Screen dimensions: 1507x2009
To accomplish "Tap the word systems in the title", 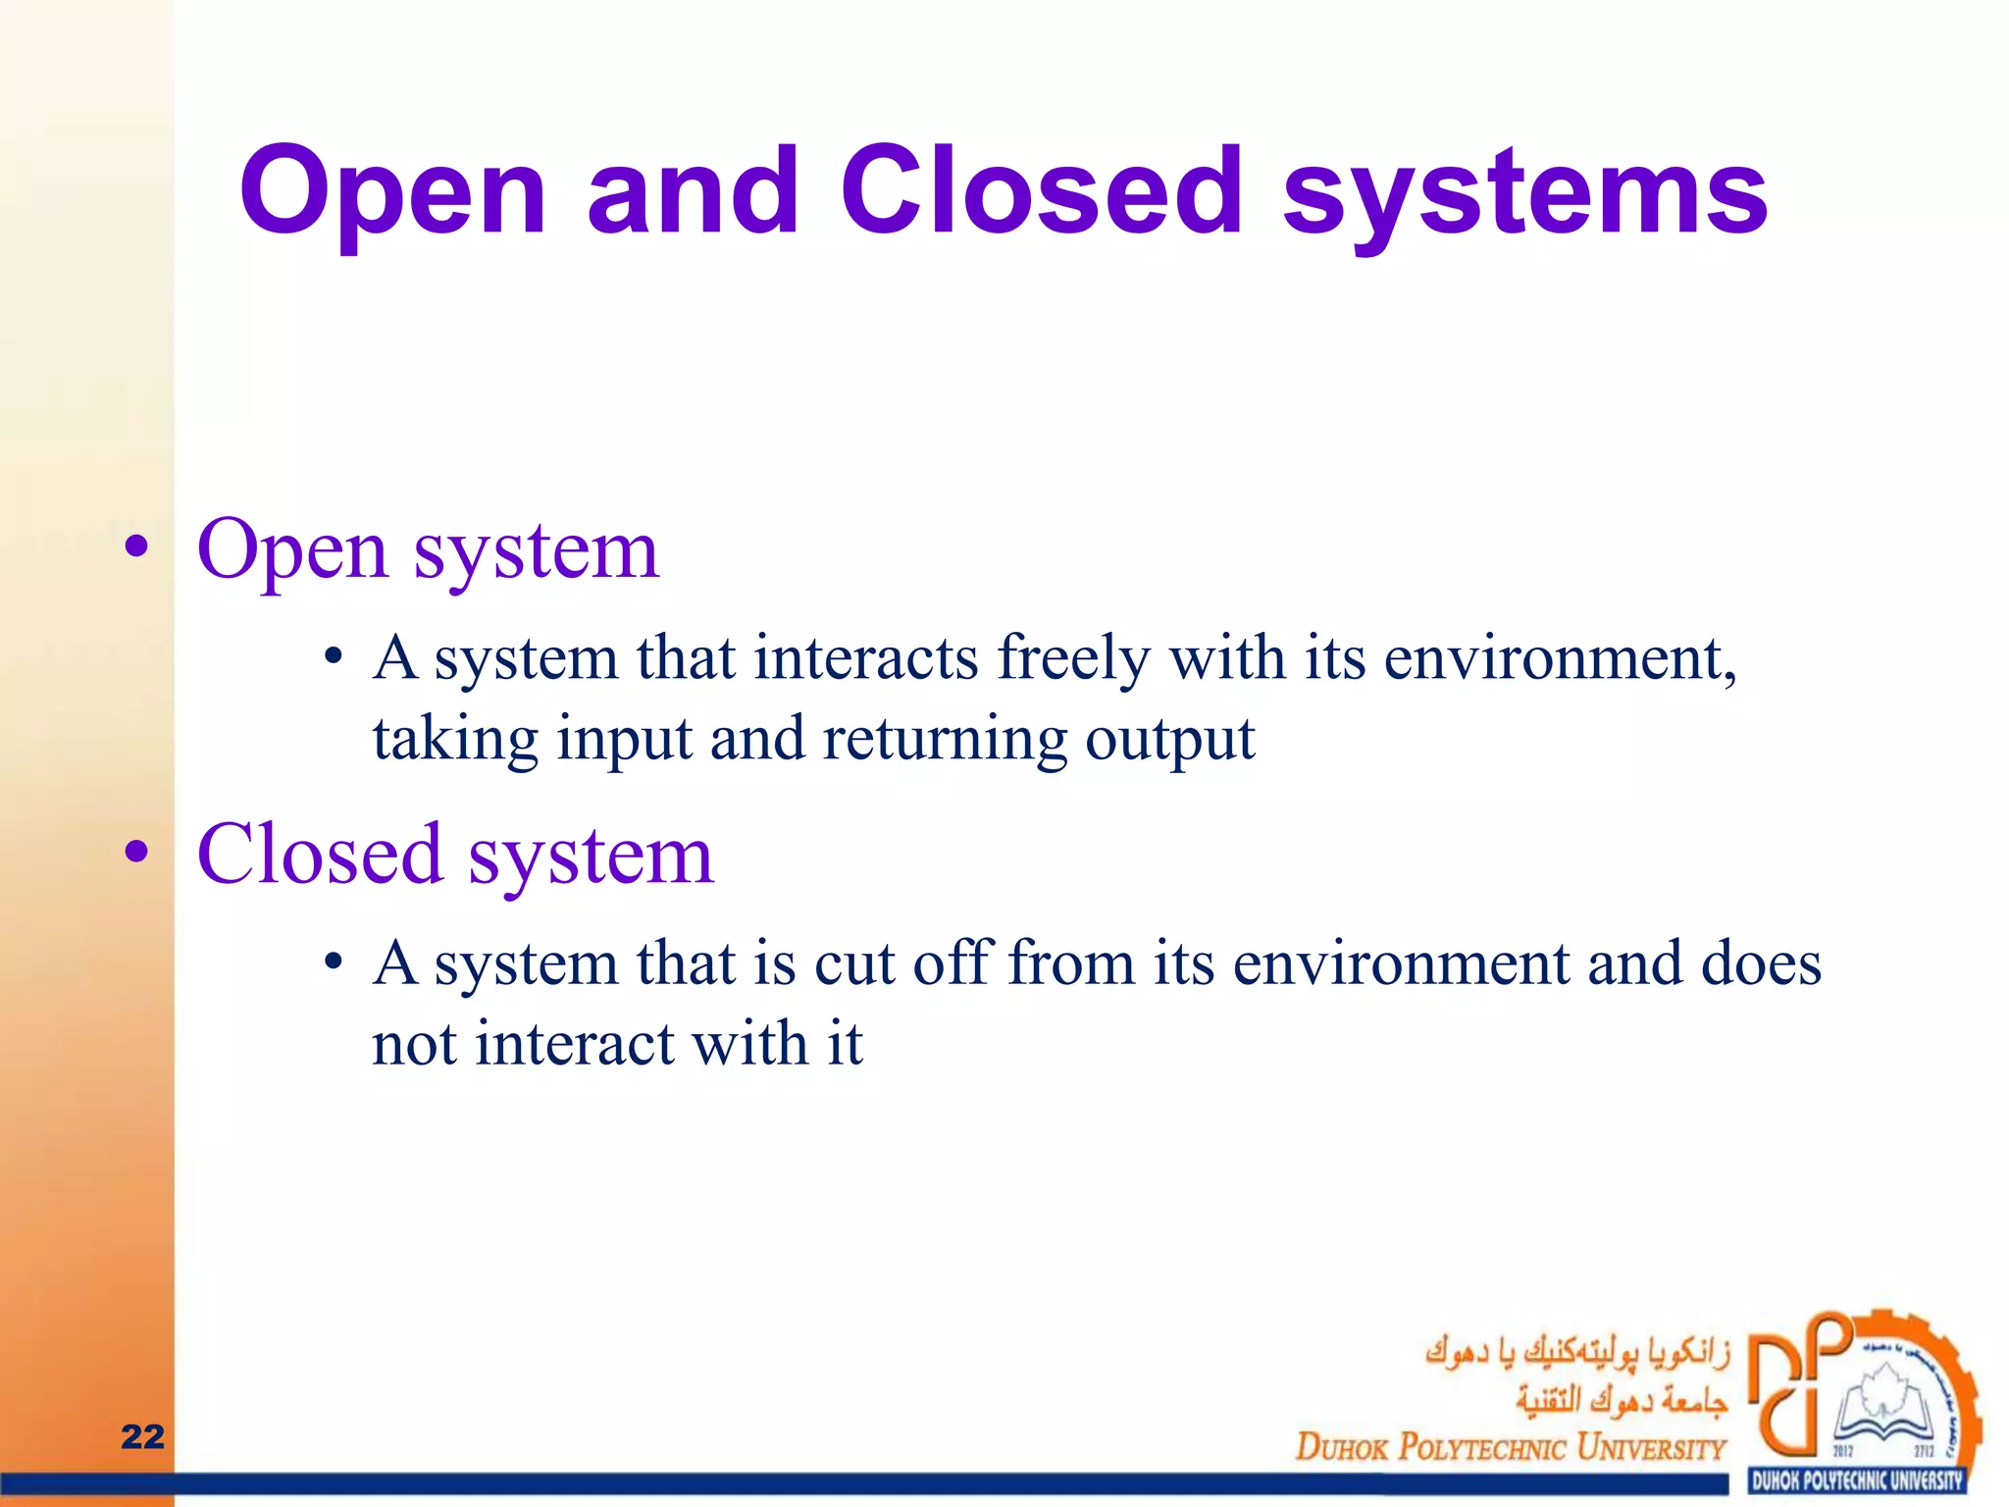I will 1524,196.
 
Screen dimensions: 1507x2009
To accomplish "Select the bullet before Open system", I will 137,547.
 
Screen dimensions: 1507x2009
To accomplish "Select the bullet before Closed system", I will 137,852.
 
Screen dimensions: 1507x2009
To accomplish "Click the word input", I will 625,740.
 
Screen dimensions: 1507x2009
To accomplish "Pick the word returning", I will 944,740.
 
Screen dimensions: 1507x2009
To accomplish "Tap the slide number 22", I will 142,1436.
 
